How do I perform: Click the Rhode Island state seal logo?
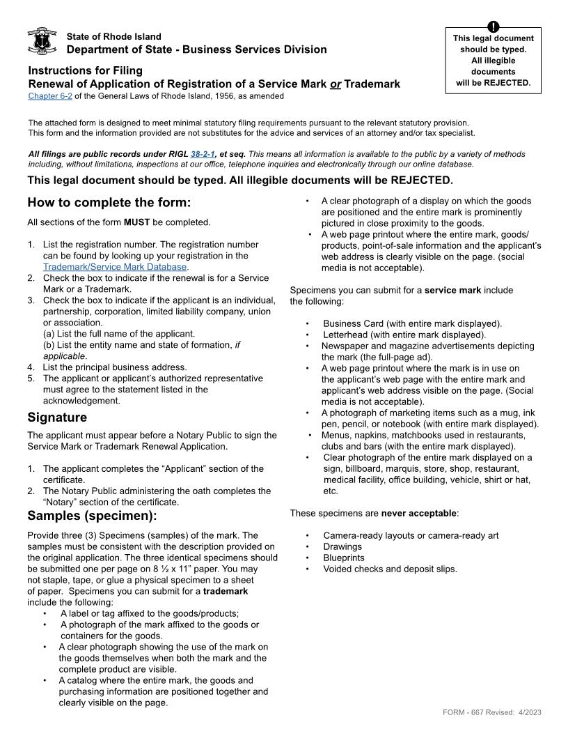coord(42,41)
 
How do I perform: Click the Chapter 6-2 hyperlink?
coord(50,96)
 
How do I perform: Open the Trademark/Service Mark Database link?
coord(115,266)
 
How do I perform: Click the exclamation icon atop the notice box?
coord(493,27)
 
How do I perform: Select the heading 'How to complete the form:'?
coord(109,203)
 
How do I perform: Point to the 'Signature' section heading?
coord(57,417)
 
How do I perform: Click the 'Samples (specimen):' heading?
coord(92,516)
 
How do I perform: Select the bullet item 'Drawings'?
coord(342,546)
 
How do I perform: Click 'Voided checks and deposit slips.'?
coord(390,569)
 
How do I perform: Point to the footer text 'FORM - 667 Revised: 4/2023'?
coord(491,712)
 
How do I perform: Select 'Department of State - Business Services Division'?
coord(196,49)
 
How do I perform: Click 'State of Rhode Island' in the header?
coord(113,36)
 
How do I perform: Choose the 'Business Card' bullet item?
coord(412,323)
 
